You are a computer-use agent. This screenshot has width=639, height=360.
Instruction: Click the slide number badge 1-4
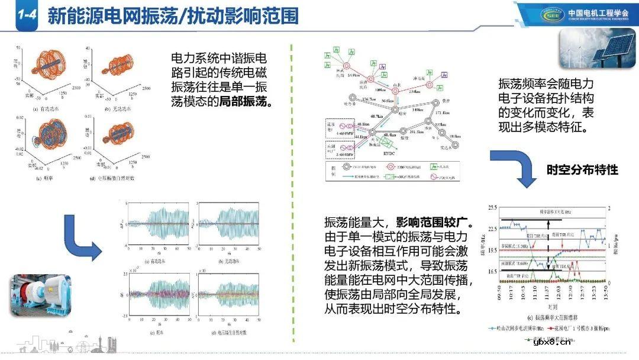25,16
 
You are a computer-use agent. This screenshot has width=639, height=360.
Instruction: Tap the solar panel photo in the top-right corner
595,49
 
